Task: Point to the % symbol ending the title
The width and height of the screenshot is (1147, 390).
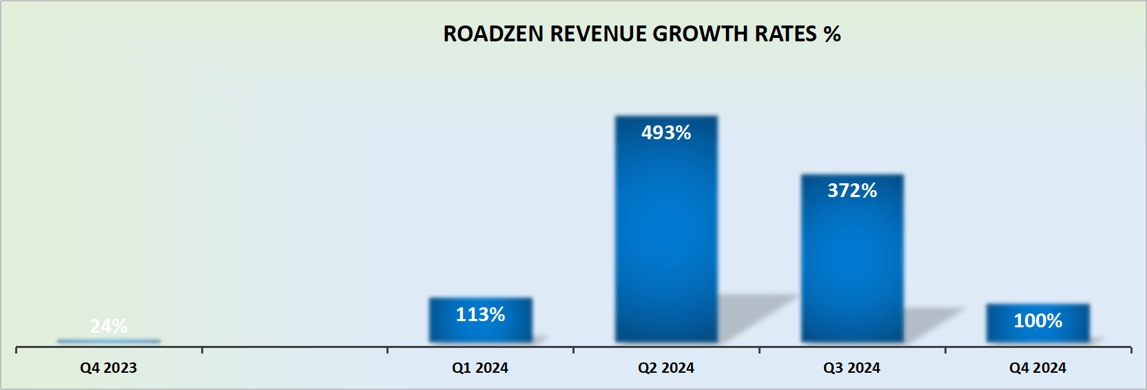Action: pos(832,34)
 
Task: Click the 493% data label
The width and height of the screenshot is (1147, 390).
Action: pos(666,132)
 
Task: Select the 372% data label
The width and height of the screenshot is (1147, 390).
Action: pos(852,190)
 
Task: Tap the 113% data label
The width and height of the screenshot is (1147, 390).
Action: pos(480,315)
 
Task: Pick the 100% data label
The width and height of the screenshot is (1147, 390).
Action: pos(1037,320)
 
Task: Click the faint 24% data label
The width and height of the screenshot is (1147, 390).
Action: pos(109,326)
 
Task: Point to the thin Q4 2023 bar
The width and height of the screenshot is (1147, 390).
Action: pos(109,340)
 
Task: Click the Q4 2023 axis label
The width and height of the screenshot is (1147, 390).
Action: pos(109,368)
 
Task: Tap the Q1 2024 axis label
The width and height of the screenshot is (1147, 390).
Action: pos(480,368)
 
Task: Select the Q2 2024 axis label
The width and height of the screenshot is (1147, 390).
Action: pos(666,368)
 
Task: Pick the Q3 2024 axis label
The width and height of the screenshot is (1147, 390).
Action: pos(852,368)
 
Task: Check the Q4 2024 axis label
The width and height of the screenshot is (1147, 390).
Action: pos(1037,368)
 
